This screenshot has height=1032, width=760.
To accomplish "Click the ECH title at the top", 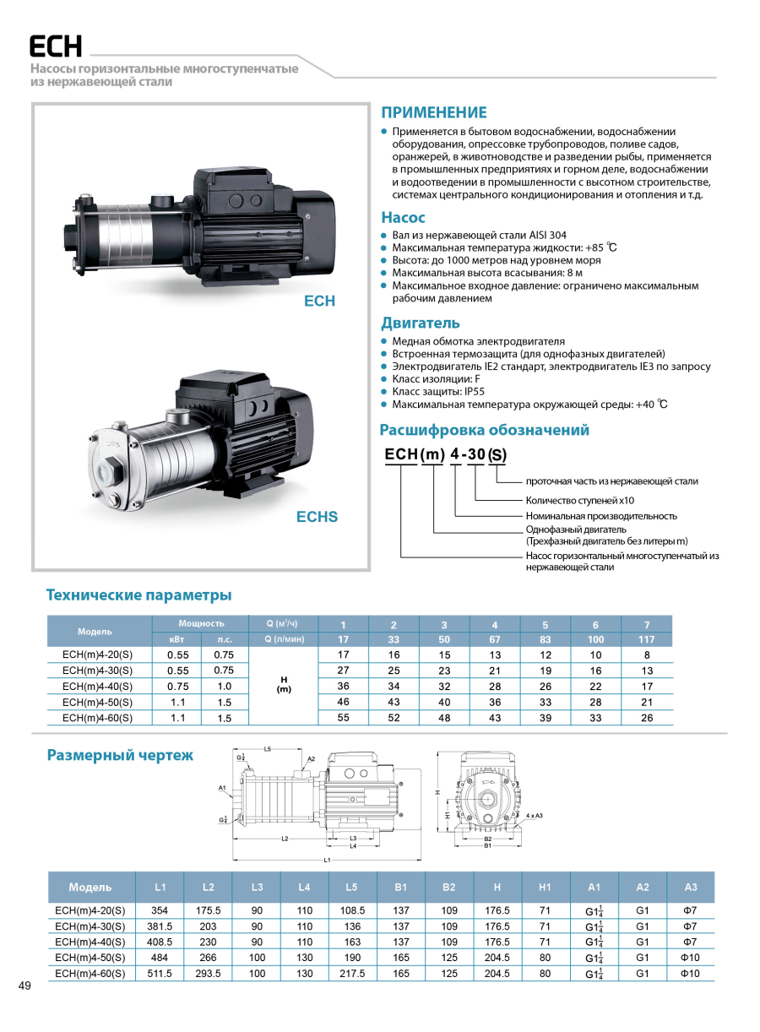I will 55,46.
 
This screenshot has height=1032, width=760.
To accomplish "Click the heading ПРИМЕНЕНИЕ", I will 434,112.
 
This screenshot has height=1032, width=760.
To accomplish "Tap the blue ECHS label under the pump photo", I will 317,517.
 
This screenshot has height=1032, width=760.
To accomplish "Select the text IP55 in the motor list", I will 471,392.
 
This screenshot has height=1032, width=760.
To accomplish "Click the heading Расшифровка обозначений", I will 485,430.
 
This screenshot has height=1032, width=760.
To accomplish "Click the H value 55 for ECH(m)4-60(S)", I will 343,718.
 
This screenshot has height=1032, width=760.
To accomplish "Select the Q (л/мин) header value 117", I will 647,639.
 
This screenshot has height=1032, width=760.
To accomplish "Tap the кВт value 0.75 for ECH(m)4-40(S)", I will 177,687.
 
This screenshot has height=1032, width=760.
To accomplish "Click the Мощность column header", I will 201,623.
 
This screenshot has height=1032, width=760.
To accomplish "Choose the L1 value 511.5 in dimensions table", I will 160,974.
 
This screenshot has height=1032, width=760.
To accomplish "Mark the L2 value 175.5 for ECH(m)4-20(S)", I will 209,910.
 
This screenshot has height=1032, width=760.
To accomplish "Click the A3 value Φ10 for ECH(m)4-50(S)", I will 690,958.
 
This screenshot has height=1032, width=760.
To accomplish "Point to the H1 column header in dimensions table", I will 545,887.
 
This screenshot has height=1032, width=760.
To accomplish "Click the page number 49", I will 24,986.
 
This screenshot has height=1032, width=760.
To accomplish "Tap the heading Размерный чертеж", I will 120,755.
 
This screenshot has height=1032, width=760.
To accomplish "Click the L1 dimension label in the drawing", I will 326,860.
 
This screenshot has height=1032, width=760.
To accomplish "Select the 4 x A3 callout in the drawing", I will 534,816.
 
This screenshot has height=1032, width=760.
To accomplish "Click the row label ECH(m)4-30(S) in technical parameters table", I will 98,671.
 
